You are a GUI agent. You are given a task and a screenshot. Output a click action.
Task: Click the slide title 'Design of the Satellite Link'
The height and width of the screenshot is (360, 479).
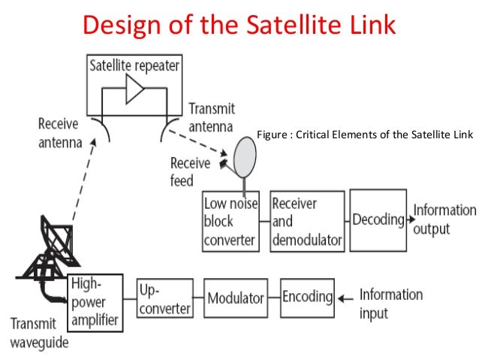pos(239,25)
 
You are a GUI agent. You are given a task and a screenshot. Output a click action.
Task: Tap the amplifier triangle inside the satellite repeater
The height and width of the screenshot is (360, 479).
pos(134,92)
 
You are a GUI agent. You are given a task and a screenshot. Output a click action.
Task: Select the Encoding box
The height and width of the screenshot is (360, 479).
pos(307,296)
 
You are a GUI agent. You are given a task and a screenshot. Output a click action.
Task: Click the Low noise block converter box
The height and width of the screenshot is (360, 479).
pos(230,221)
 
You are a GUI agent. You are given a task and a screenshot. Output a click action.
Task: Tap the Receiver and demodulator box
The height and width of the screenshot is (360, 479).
pos(306,221)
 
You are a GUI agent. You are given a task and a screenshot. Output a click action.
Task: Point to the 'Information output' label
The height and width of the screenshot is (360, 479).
pos(444,219)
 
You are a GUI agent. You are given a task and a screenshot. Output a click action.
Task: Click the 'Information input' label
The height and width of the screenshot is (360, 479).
pos(390,302)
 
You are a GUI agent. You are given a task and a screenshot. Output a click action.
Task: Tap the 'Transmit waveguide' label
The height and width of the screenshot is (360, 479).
pos(39,334)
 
